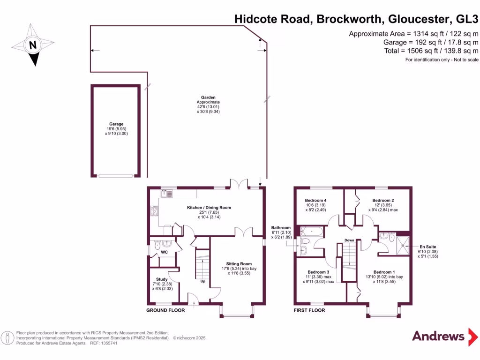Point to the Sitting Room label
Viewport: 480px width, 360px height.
point(239,263)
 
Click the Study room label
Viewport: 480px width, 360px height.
point(162,279)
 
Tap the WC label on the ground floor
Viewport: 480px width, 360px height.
point(165,253)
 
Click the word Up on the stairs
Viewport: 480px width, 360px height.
point(203,281)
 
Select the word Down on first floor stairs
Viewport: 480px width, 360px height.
point(349,240)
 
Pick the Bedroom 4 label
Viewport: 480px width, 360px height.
point(315,201)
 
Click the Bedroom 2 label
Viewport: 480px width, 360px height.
point(383,201)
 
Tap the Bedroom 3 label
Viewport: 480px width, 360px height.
point(318,272)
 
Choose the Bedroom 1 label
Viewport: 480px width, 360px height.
point(384,272)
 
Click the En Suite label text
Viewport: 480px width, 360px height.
point(428,247)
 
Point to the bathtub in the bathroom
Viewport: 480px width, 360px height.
point(312,231)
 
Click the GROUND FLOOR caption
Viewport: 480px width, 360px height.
point(165,310)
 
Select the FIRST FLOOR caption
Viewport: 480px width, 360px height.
point(309,310)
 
